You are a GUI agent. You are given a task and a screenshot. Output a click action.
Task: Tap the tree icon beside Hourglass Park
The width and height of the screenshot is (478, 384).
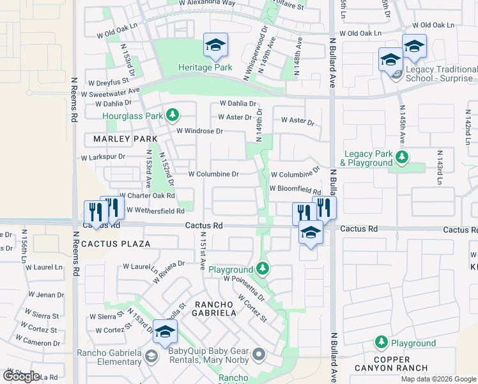pyautogui.click(x=172, y=115)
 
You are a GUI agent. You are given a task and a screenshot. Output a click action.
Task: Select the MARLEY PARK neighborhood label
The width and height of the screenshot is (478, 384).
pyautogui.click(x=120, y=139)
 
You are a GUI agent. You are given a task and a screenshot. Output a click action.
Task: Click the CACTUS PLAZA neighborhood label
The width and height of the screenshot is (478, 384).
pyautogui.click(x=116, y=244)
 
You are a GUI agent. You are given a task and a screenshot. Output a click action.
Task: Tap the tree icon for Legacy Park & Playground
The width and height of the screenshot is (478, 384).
pyautogui.click(x=403, y=157)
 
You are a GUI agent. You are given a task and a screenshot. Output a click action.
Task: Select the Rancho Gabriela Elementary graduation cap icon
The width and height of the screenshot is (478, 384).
pyautogui.click(x=151, y=356)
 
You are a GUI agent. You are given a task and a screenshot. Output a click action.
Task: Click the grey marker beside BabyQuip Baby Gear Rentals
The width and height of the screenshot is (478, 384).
pyautogui.click(x=258, y=353)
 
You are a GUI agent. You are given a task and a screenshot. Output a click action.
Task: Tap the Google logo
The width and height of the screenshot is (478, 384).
pyautogui.click(x=21, y=376)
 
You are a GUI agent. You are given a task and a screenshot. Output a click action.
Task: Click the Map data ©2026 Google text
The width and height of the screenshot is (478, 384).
pyautogui.click(x=438, y=379)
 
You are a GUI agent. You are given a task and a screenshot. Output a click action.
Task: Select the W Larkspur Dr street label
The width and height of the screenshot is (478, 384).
pyautogui.click(x=104, y=157)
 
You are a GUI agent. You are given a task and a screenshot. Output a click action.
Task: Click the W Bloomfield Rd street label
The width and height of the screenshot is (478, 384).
pyautogui.click(x=295, y=189)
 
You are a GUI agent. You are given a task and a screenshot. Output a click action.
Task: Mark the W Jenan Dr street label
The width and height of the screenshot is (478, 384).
pyautogui.click(x=46, y=295)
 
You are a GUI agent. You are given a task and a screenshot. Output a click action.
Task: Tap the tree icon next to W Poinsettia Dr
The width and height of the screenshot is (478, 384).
pyautogui.click(x=262, y=268)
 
